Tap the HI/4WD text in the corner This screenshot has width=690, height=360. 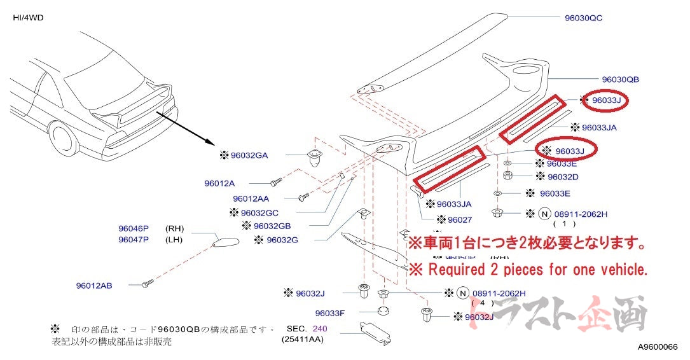click(x=28, y=17)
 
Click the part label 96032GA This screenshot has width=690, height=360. click(x=249, y=155)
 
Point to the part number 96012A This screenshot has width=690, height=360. click(x=219, y=183)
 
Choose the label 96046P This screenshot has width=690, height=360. click(x=133, y=228)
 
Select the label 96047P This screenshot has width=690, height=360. click(x=133, y=239)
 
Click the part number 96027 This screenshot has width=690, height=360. click(x=460, y=220)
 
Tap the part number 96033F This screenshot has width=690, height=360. click(x=330, y=313)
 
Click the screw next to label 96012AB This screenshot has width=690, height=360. click(x=148, y=282)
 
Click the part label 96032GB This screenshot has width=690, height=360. click(x=272, y=226)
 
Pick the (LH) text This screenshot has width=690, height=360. click(x=175, y=239)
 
